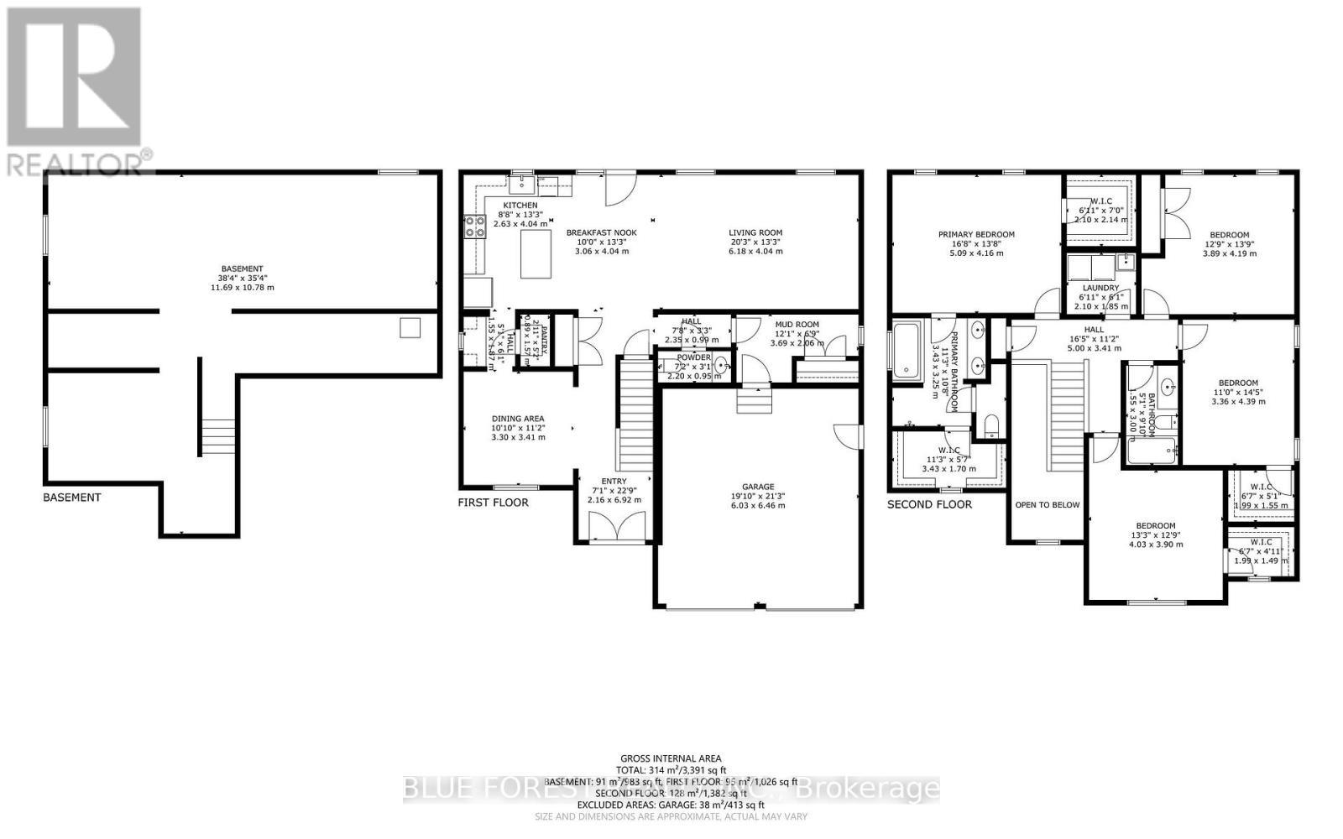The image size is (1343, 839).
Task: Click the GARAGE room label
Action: pyautogui.click(x=757, y=487)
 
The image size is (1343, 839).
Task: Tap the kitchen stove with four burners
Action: pyautogui.click(x=475, y=225)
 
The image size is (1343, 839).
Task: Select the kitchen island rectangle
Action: pyautogui.click(x=536, y=254)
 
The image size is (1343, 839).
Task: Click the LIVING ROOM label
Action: pyautogui.click(x=755, y=232)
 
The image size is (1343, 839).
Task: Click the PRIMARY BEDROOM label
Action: pyautogui.click(x=976, y=235)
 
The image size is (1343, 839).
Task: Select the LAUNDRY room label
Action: pyautogui.click(x=1100, y=288)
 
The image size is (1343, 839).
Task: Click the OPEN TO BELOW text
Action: pyautogui.click(x=1047, y=505)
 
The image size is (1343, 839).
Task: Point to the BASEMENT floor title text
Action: pyautogui.click(x=72, y=498)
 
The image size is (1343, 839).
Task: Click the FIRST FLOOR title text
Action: pyautogui.click(x=493, y=503)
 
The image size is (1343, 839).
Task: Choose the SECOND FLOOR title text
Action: pyautogui.click(x=929, y=504)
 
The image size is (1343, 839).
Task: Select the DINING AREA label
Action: pyautogui.click(x=518, y=419)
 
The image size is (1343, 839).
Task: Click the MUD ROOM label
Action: pyautogui.click(x=797, y=324)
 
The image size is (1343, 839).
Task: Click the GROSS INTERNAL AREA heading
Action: pyautogui.click(x=671, y=758)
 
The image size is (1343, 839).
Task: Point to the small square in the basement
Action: pyautogui.click(x=409, y=327)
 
